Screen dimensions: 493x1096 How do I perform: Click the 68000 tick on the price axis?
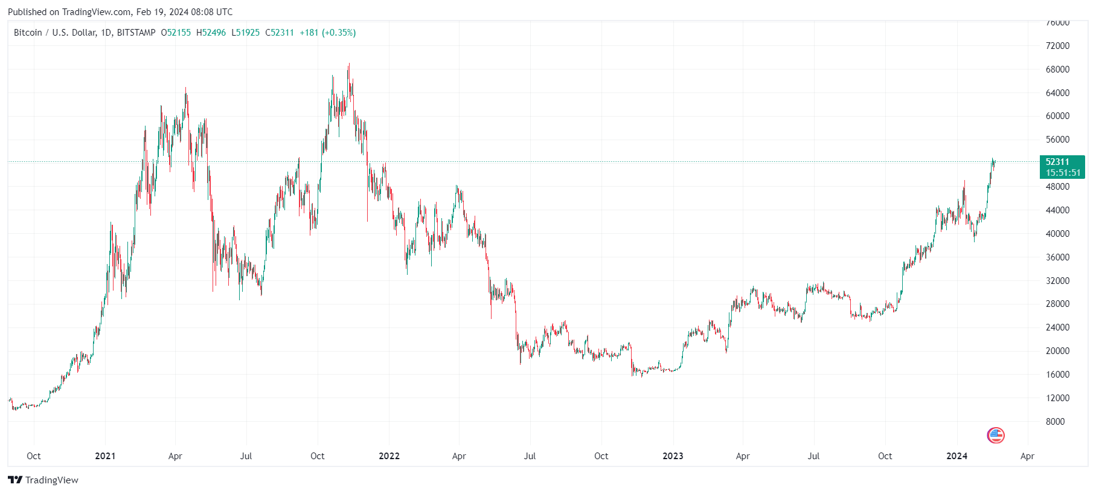pos(1057,69)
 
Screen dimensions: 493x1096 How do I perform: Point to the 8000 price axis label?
pos(1055,422)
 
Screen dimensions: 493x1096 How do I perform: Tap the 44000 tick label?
pos(1057,210)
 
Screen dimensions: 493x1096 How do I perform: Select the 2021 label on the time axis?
pos(105,456)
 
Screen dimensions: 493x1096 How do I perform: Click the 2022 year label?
pos(389,456)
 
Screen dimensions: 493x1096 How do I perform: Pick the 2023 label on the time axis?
pos(673,456)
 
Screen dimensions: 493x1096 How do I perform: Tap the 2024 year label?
pos(957,456)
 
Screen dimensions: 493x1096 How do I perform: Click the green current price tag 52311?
pos(1057,162)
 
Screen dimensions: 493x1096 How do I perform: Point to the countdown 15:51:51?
pos(1063,173)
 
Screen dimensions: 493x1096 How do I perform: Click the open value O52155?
pos(176,33)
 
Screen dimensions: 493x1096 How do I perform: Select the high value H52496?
pos(211,33)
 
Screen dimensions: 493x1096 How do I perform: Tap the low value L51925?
pos(245,33)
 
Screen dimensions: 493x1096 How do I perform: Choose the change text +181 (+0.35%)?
pos(327,33)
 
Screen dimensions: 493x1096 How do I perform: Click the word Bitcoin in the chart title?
pos(28,33)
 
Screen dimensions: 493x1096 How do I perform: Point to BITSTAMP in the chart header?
pos(136,33)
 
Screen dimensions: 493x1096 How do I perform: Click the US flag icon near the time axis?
pos(995,435)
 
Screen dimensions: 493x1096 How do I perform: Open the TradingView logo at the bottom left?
pos(43,480)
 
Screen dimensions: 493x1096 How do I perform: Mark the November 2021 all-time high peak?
pos(348,64)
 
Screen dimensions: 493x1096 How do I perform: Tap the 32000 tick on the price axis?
pos(1057,281)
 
